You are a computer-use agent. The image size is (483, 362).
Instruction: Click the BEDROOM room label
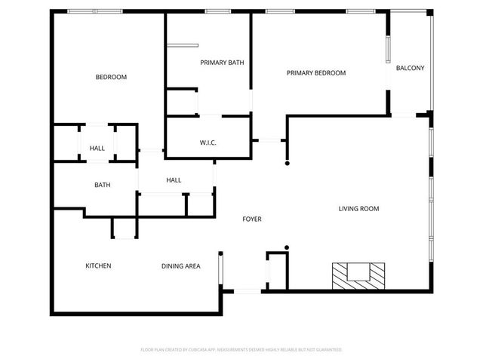111,78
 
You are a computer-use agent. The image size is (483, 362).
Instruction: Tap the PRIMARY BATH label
221,63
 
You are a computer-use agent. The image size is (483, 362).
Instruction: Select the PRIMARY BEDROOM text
316,73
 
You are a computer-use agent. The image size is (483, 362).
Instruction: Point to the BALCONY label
410,69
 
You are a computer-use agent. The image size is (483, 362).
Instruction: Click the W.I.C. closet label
209,143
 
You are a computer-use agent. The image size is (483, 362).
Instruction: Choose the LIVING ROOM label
358,209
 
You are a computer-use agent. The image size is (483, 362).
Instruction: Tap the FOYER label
251,219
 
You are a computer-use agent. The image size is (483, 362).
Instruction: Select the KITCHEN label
98,266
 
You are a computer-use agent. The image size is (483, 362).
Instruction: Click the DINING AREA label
180,266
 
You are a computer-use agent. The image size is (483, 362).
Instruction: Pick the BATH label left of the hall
103,185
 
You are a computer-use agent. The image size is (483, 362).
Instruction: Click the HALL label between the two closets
97,149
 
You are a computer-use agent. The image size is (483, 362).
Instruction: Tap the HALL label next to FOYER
174,180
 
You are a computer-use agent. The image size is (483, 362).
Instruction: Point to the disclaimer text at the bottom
241,350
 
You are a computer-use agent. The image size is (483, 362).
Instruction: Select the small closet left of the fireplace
277,270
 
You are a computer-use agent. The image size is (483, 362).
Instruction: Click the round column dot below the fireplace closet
286,247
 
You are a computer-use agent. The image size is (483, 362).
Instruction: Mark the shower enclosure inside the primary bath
182,101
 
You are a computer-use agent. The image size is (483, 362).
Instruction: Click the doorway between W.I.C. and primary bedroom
269,140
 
